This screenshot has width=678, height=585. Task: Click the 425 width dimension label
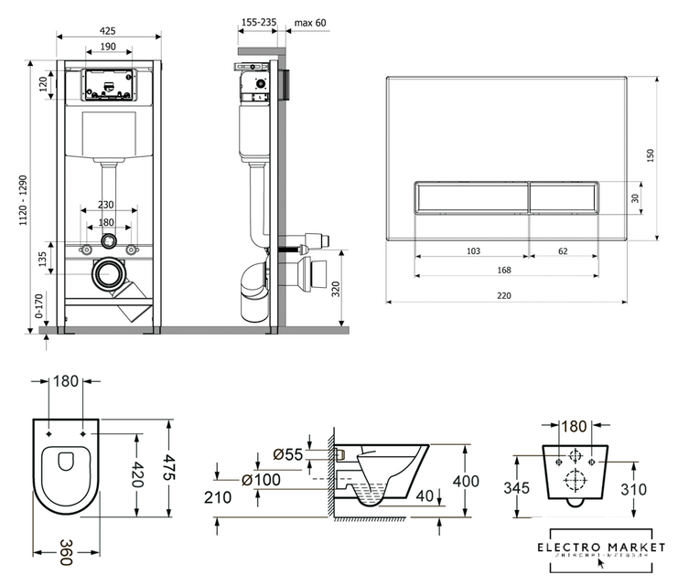pyautogui.click(x=108, y=30)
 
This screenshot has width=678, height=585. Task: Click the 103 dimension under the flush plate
pyautogui.click(x=473, y=249)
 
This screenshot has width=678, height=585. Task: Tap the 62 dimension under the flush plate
pyautogui.click(x=563, y=249)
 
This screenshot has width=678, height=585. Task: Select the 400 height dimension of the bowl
pyautogui.click(x=468, y=481)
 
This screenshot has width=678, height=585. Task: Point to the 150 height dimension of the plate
pyautogui.click(x=651, y=157)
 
